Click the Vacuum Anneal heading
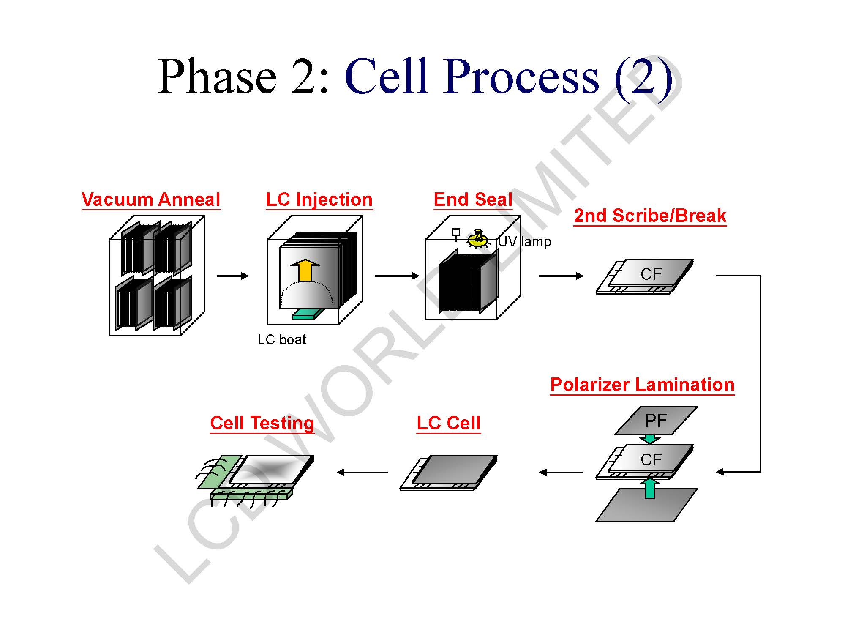[151, 199]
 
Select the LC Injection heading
[319, 199]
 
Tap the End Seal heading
[473, 199]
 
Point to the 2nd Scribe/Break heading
[650, 216]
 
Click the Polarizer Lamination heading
[642, 385]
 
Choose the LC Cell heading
[448, 423]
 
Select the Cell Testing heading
[262, 423]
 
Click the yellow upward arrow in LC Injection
[305, 271]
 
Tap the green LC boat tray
[308, 314]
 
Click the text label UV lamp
[525, 242]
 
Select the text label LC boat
[281, 339]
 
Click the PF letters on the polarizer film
[656, 421]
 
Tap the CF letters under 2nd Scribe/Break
[651, 274]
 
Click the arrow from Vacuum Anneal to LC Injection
[232, 276]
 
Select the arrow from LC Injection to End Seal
[396, 276]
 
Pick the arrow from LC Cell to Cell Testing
[363, 472]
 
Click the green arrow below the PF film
[650, 439]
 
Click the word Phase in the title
[216, 77]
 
